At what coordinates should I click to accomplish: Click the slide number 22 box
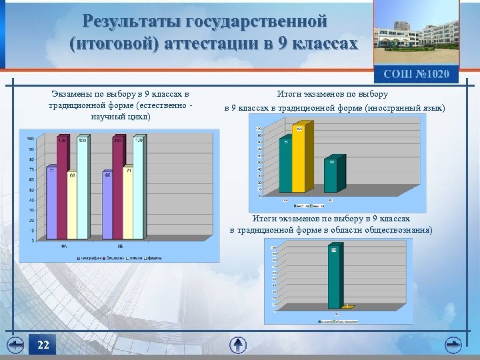click(43, 345)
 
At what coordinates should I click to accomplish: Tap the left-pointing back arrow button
click(15, 345)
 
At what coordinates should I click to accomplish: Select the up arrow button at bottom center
click(238, 345)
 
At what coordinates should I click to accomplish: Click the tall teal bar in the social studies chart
click(333, 277)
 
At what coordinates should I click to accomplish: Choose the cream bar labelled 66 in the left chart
click(72, 207)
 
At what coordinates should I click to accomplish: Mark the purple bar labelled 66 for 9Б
click(107, 207)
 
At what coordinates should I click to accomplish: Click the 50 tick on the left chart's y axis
click(31, 190)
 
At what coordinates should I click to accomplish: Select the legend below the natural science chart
click(121, 257)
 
